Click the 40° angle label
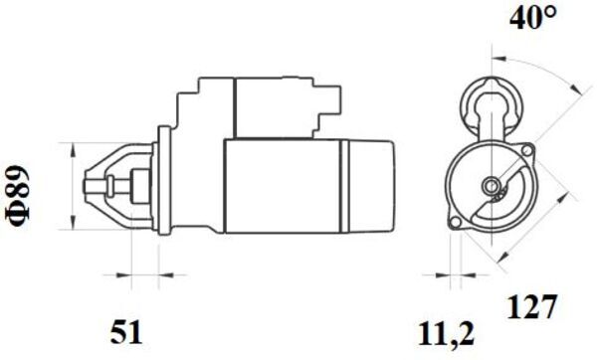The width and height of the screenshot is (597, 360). pos(533,17)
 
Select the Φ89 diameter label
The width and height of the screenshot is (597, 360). pos(18,196)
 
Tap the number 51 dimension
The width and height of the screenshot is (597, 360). pos(126,332)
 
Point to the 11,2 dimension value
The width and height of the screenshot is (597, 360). pos(446,334)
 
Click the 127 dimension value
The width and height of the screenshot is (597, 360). pos(531,306)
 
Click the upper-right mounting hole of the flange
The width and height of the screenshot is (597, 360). pos(527,150)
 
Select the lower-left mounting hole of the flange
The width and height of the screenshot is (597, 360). pos(455,223)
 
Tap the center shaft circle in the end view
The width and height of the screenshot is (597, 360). pos(492,186)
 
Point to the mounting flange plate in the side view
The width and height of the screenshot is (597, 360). pos(164,181)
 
